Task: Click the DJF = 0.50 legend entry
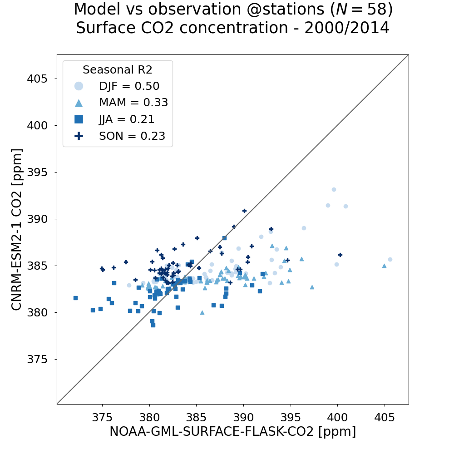coord(129,86)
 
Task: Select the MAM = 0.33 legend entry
coord(133,103)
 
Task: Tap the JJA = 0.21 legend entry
coord(127,119)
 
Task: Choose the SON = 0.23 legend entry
coord(132,136)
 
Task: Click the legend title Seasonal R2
coord(117,70)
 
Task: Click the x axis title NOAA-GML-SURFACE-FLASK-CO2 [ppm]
coord(232,432)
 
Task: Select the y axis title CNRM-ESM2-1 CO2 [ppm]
coord(17,229)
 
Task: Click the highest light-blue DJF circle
coord(334,190)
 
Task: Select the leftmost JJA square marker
coord(75,298)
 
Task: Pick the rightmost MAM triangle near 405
coord(384,266)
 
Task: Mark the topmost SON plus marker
coord(244,211)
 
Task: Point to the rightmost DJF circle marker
coord(390,260)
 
